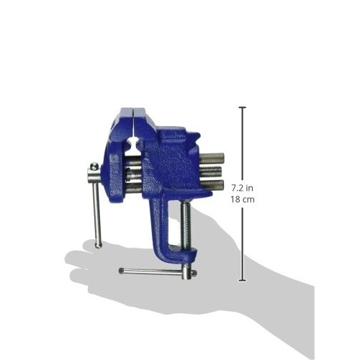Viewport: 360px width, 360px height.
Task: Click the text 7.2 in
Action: point(243,188)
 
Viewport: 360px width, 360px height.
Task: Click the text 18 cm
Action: point(243,199)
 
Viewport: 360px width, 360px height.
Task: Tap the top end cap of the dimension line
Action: point(243,107)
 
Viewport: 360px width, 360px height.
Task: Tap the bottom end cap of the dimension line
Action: point(243,280)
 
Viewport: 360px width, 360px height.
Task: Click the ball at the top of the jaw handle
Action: point(94,166)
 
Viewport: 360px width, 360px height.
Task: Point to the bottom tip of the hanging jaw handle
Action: point(99,246)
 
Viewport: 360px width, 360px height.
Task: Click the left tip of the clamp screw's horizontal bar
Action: point(122,271)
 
